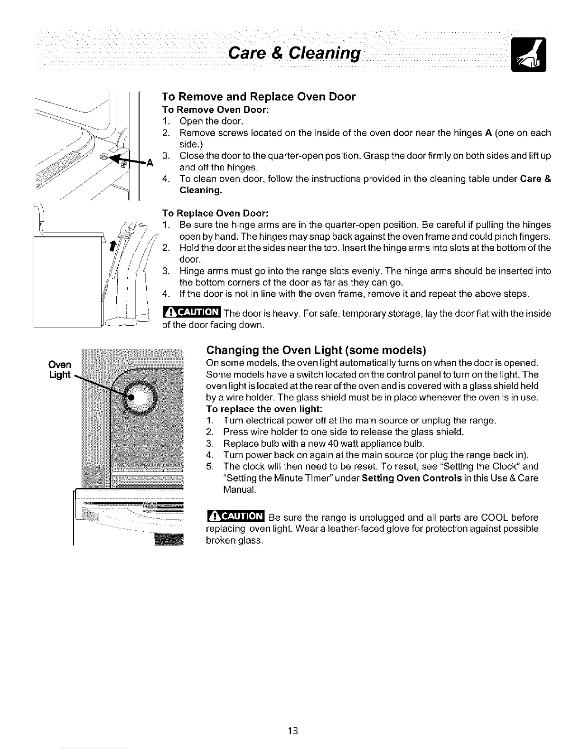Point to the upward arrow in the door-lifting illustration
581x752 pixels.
[x=112, y=247]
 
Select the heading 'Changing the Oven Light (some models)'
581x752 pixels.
[x=316, y=351]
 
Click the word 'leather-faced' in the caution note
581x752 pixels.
[x=338, y=529]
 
